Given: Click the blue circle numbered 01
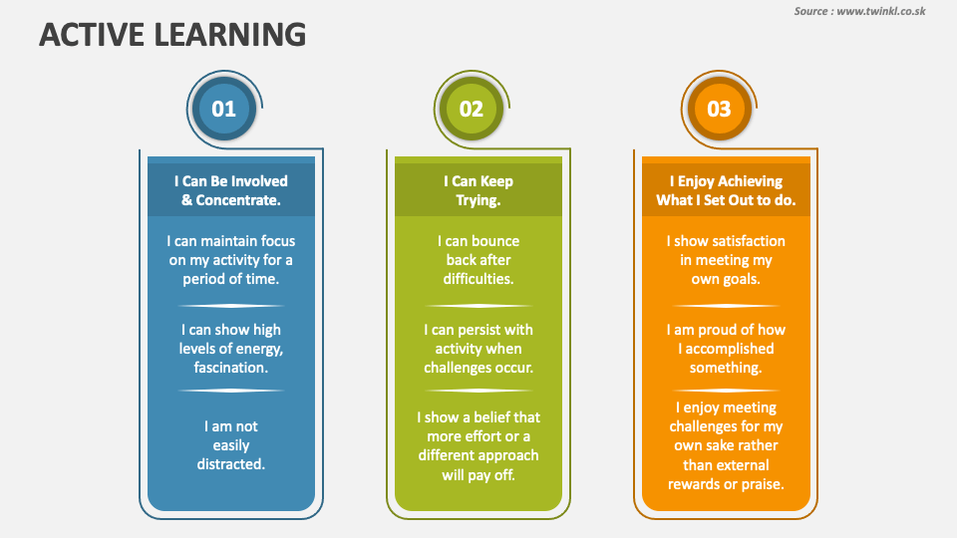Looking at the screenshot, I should [223, 109].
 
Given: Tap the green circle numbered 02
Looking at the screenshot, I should [471, 109].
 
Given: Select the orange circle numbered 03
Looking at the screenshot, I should [718, 109].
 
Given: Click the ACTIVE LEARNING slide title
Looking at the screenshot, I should [171, 35].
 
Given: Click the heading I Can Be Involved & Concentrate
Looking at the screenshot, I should [230, 190].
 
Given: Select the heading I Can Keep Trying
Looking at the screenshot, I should [478, 190].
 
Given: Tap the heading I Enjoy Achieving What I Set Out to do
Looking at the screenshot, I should [725, 190].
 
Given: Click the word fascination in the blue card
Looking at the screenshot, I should [231, 368].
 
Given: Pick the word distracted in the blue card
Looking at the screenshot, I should [230, 464].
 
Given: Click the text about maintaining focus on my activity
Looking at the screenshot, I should [230, 260].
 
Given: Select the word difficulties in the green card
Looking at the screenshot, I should [478, 279].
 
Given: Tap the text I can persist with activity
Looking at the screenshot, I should [478, 339].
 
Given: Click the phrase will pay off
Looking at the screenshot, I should [478, 474].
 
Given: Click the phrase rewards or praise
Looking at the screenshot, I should [726, 484].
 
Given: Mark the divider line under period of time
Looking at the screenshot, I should [230, 306].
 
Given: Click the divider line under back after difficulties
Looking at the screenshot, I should [478, 306].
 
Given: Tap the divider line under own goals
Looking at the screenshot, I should [726, 306].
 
